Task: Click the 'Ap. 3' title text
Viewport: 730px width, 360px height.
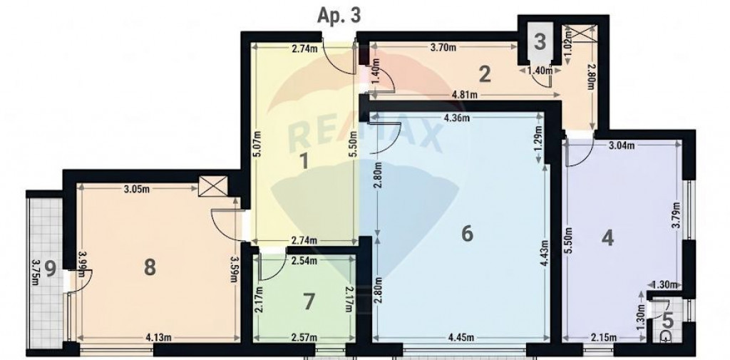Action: (x=339, y=16)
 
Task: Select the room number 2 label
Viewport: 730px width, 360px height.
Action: (x=485, y=75)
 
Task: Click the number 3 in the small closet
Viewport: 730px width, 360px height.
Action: (x=540, y=42)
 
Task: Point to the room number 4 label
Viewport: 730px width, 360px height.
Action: (x=607, y=238)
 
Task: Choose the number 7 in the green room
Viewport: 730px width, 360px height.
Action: (x=308, y=302)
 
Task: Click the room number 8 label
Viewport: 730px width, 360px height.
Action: (x=150, y=268)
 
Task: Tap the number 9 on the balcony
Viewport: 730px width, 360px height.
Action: (x=51, y=269)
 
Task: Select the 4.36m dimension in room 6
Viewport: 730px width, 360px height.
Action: (x=457, y=118)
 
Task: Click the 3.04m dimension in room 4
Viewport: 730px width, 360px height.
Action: (x=622, y=145)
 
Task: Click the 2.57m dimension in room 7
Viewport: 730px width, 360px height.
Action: (x=304, y=337)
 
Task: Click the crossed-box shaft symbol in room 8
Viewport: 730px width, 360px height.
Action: (x=213, y=186)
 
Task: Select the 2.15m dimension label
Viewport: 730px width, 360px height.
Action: (x=603, y=337)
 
